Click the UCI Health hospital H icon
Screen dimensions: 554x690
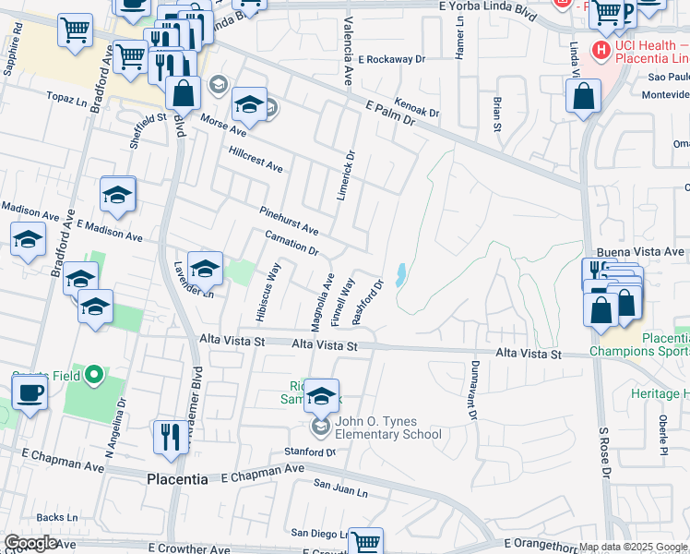click(601, 49)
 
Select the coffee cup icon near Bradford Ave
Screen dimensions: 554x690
click(29, 394)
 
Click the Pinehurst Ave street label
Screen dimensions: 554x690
click(289, 222)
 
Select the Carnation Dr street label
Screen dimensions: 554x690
click(291, 244)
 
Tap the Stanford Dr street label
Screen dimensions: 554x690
click(310, 452)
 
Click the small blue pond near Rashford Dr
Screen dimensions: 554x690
click(400, 274)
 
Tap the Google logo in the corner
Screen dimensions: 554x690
click(31, 542)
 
